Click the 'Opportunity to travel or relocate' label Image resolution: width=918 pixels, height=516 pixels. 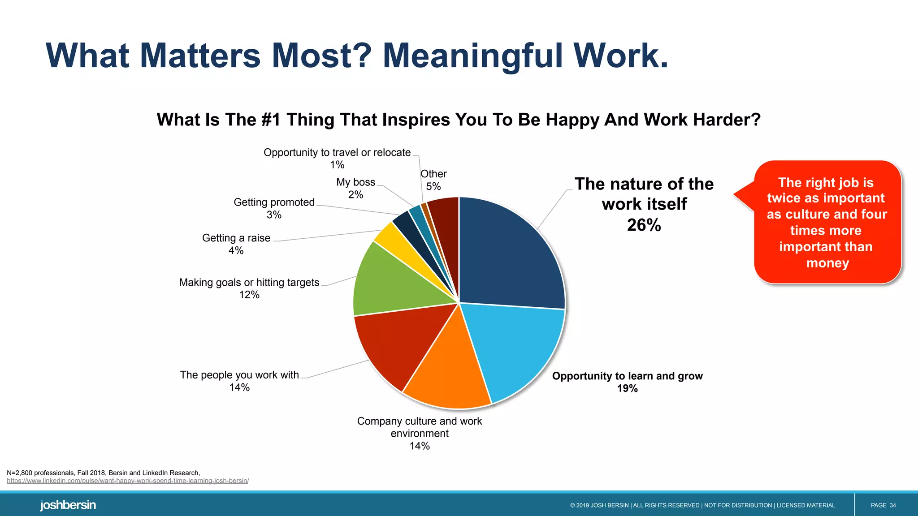pyautogui.click(x=337, y=153)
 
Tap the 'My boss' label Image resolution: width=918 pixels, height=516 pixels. pyautogui.click(x=355, y=182)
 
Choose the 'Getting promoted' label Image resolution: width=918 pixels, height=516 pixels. pyautogui.click(x=274, y=202)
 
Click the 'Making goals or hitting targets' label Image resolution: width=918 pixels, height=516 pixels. pyautogui.click(x=249, y=283)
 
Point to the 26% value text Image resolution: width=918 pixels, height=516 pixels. pyautogui.click(x=644, y=225)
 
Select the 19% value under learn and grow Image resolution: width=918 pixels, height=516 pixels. pyautogui.click(x=627, y=388)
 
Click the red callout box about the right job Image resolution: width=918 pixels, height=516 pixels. pyautogui.click(x=827, y=222)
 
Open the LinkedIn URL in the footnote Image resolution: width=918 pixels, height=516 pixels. pyautogui.click(x=128, y=481)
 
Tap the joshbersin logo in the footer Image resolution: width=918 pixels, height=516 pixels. pyautogui.click(x=68, y=505)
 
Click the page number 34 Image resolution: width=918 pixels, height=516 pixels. pyautogui.click(x=892, y=505)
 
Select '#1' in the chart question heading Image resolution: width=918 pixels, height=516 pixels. pyautogui.click(x=270, y=120)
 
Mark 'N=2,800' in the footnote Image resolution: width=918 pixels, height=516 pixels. pyautogui.click(x=19, y=473)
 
